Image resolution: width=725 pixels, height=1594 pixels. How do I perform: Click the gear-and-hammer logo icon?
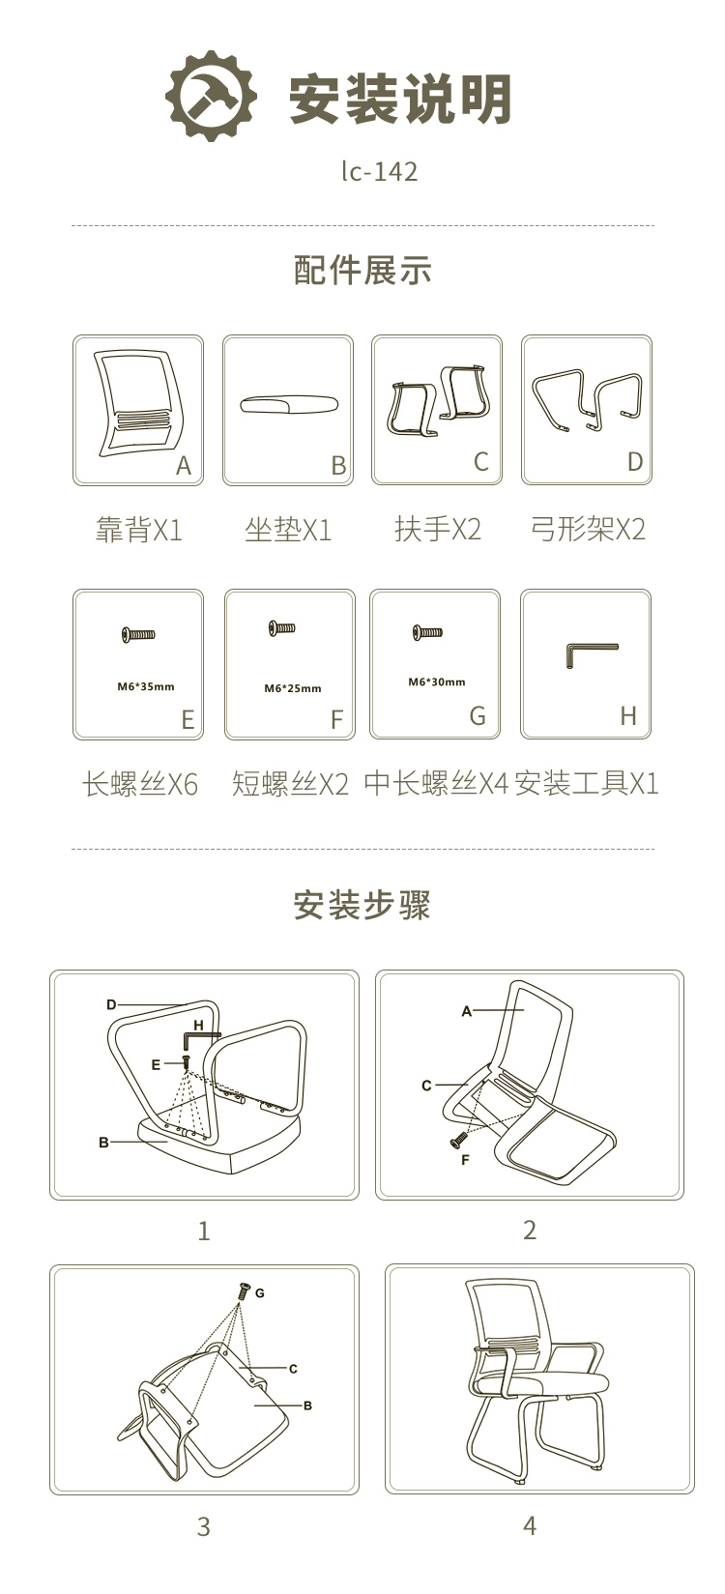212,96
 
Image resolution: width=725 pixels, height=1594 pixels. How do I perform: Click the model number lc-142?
379,171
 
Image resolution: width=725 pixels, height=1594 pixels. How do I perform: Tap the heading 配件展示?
362,270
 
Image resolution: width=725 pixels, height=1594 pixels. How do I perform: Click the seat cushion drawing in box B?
288,405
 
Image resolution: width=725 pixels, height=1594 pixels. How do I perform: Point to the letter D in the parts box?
635,462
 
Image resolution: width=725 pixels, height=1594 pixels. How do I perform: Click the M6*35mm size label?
145,686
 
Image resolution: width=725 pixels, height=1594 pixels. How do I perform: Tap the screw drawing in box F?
281,627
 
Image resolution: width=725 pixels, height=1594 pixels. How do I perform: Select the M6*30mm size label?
436,681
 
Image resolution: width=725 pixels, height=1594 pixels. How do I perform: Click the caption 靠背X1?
139,530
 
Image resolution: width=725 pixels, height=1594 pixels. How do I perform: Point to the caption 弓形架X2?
588,530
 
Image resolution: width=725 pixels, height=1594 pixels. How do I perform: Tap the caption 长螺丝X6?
139,784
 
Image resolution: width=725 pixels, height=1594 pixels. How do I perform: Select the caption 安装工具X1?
586,784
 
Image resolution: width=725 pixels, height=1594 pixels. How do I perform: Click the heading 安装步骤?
362,905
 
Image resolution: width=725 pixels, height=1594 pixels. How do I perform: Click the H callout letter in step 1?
198,1026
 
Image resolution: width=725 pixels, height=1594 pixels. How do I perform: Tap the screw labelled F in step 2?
458,1140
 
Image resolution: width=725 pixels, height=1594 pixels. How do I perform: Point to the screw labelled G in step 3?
243,1290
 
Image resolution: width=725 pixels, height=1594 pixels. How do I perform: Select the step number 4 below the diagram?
530,1525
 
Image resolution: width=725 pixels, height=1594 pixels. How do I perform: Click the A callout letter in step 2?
467,1011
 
